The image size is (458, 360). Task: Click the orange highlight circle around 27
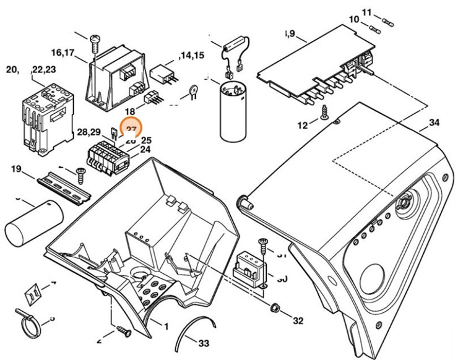click(131, 129)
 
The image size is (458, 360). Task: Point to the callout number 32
click(298, 321)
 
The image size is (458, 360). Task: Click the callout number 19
click(16, 169)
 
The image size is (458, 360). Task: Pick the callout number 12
click(303, 126)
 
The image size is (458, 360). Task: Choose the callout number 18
click(131, 111)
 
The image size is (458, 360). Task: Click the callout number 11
click(366, 12)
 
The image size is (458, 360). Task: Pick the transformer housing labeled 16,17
click(118, 77)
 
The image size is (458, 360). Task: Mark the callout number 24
click(145, 149)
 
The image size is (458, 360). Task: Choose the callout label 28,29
click(89, 132)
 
